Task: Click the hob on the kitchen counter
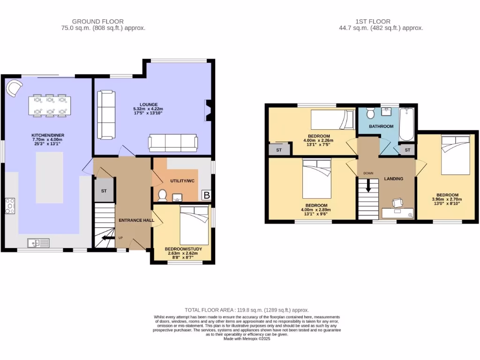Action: click(10, 206)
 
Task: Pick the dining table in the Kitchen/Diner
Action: click(49, 105)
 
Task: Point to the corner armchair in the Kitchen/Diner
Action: click(14, 87)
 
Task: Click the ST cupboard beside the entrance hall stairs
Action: click(104, 191)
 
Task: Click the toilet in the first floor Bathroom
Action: click(370, 113)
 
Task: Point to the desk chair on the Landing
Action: click(397, 202)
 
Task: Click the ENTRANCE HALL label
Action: click(136, 220)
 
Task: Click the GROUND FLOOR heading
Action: click(97, 21)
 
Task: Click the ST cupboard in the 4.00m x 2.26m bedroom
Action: click(278, 150)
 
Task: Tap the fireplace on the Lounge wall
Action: click(208, 109)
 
